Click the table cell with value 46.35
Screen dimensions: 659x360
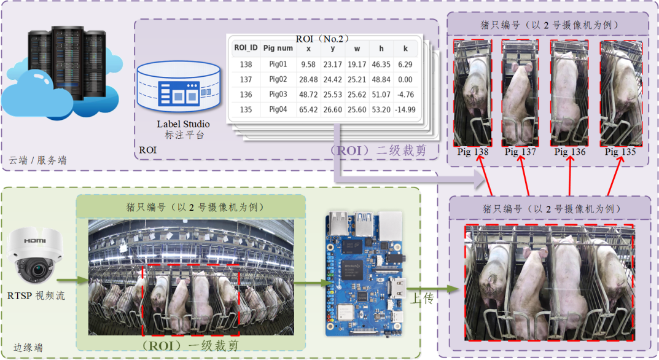tap(381, 65)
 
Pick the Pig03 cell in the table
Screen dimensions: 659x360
tap(278, 94)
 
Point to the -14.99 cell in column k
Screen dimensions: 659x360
tap(405, 109)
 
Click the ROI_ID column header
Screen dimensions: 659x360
tap(246, 48)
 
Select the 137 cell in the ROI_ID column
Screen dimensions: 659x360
tap(246, 79)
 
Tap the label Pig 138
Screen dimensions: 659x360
tap(473, 152)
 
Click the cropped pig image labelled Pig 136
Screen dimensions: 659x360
tap(570, 93)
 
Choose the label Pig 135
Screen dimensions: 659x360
tap(620, 152)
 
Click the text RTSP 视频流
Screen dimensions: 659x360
tap(36, 295)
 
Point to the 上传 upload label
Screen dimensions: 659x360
tap(421, 298)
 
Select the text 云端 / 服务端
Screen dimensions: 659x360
tap(37, 160)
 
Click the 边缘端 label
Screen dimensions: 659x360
tap(28, 347)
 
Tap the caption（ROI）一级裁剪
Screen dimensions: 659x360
tap(190, 346)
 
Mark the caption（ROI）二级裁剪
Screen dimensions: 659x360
tap(378, 150)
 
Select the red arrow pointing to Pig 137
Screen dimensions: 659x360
tap(524, 176)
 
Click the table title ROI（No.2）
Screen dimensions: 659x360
tap(323, 39)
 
